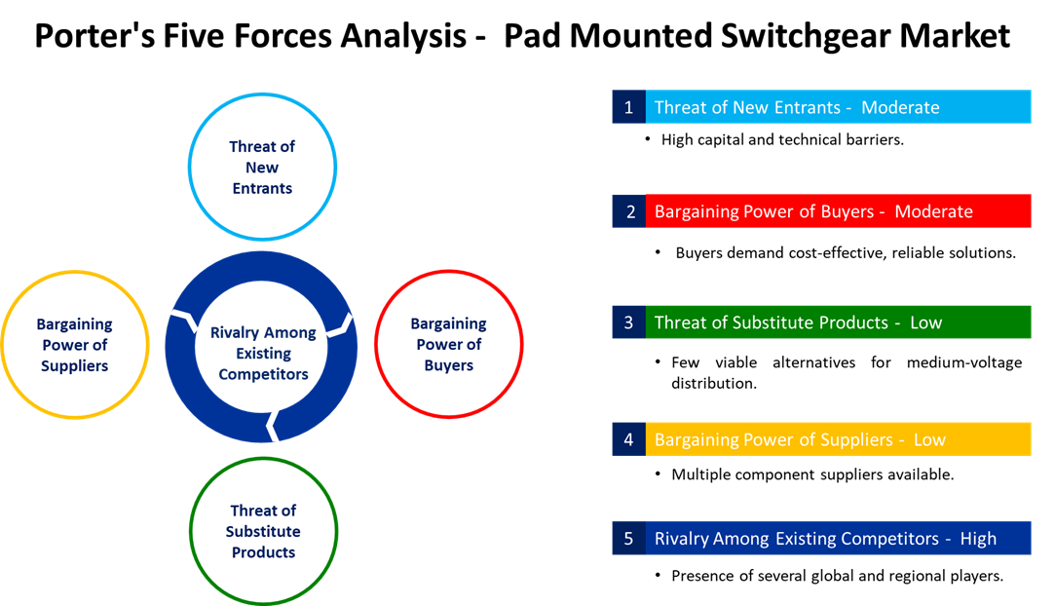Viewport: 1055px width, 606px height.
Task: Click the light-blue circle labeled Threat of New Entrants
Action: [x=262, y=167]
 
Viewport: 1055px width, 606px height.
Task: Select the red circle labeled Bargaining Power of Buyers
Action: [x=449, y=344]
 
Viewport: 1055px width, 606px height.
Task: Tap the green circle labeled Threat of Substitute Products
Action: [x=263, y=531]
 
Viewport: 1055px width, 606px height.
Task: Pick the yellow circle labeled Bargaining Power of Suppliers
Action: [x=75, y=345]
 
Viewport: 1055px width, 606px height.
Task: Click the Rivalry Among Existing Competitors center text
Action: [x=263, y=353]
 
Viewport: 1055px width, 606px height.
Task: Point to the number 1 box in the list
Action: [x=628, y=107]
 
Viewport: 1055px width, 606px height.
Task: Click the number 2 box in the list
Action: [x=628, y=211]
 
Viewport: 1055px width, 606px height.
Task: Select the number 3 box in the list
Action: [x=628, y=322]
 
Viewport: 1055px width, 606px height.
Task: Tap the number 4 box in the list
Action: [x=628, y=439]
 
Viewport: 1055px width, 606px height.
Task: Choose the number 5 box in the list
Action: [x=628, y=539]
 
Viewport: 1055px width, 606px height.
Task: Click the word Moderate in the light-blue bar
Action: [x=900, y=107]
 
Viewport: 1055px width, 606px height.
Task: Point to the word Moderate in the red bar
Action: [x=933, y=211]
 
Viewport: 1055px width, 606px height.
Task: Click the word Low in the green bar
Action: [x=925, y=322]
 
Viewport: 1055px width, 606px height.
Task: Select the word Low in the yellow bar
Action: [x=929, y=439]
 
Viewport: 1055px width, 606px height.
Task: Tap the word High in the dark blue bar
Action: [x=978, y=539]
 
